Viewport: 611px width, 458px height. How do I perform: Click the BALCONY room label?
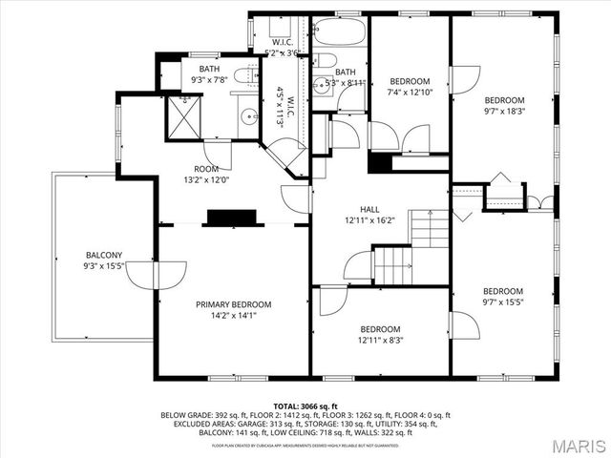[104, 256]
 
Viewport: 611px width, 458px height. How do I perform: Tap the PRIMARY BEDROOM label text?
[234, 304]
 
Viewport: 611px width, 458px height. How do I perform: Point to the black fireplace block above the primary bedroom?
[234, 219]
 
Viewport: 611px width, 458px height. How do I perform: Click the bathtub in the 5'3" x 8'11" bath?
[339, 31]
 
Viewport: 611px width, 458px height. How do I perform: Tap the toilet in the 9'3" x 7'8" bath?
[242, 75]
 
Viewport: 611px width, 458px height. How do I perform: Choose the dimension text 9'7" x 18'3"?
[503, 112]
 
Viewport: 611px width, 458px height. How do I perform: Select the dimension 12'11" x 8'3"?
[379, 339]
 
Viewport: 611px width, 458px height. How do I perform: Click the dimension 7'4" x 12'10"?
[409, 93]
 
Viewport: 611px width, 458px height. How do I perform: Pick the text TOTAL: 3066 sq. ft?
[305, 406]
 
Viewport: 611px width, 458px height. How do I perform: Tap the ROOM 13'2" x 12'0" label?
[206, 175]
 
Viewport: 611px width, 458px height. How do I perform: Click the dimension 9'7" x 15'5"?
[502, 302]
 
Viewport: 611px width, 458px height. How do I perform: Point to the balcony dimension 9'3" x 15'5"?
[104, 267]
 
